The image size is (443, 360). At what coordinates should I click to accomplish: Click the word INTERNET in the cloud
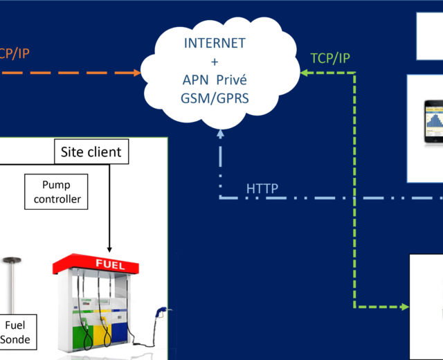[215, 42]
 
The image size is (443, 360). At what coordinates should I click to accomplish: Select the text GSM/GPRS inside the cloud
[215, 98]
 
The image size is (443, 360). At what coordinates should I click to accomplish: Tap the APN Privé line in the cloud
[215, 80]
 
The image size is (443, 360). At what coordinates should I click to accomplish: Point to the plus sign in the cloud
[215, 61]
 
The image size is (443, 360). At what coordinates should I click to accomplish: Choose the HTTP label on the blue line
[262, 188]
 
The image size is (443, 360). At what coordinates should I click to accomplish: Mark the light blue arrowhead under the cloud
[220, 133]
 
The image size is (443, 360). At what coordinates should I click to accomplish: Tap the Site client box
[91, 152]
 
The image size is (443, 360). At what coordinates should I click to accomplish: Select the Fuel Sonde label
[15, 332]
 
